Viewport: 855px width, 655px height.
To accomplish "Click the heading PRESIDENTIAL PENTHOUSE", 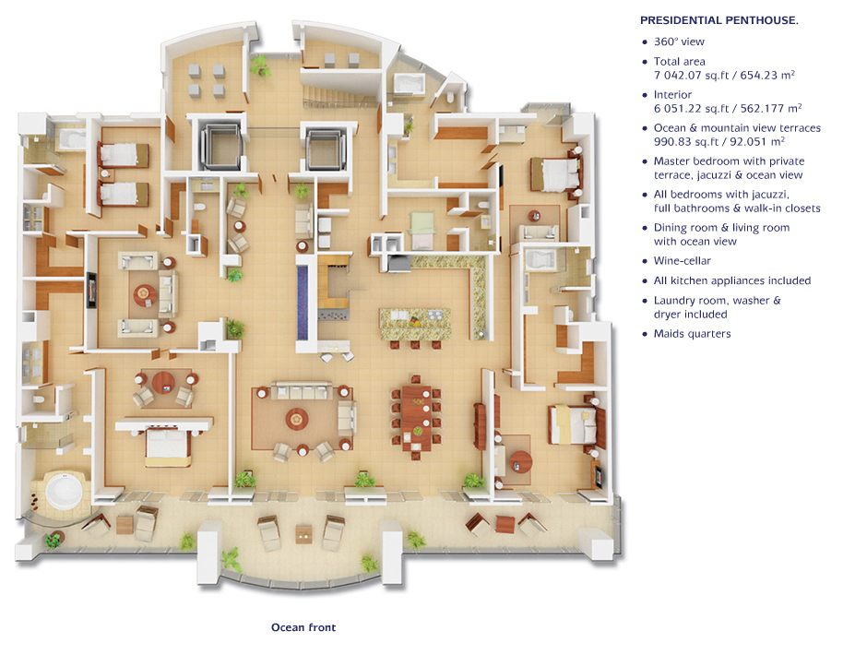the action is click(718, 20).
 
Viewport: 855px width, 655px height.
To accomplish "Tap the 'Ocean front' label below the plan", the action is click(303, 627).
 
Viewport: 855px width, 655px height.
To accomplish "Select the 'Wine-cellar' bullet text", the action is click(683, 261).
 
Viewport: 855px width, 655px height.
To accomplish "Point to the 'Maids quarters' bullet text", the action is click(692, 334).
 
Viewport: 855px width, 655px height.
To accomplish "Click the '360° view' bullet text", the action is click(679, 42).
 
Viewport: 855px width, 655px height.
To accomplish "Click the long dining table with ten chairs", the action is click(417, 417).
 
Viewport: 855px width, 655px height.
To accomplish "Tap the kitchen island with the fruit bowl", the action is click(415, 324).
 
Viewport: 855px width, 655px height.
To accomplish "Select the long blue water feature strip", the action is click(303, 303).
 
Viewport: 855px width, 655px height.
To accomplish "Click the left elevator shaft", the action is click(220, 146).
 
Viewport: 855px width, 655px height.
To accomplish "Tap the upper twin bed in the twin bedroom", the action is click(123, 155).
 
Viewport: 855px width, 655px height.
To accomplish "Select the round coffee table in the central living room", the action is click(296, 419).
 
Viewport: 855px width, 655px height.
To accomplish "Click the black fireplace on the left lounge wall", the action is click(91, 290).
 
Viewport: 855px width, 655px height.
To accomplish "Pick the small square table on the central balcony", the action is click(303, 534).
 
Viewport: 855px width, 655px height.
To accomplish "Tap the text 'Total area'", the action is click(680, 62).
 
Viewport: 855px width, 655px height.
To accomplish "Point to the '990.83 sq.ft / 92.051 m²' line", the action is click(719, 142).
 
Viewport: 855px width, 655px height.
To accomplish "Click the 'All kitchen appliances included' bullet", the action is click(732, 280).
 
